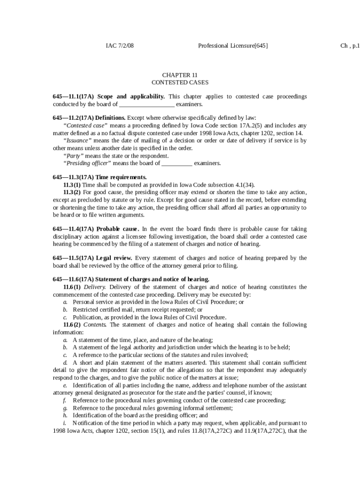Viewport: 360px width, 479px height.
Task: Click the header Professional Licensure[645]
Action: pos(233,46)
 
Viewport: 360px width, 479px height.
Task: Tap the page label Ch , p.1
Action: pos(350,46)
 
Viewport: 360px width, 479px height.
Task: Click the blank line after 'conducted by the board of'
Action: pos(147,104)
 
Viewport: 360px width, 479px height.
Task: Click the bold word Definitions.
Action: pos(110,118)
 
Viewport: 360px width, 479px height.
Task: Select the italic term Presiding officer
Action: pos(87,163)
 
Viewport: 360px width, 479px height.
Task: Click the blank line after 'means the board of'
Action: pos(176,163)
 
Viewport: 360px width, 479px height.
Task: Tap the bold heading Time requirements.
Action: pos(121,177)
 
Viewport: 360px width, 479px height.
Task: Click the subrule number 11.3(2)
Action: pos(72,192)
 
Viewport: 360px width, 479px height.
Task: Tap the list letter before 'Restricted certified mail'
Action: pos(65,310)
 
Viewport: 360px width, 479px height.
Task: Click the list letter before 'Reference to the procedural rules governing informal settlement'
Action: pos(65,408)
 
